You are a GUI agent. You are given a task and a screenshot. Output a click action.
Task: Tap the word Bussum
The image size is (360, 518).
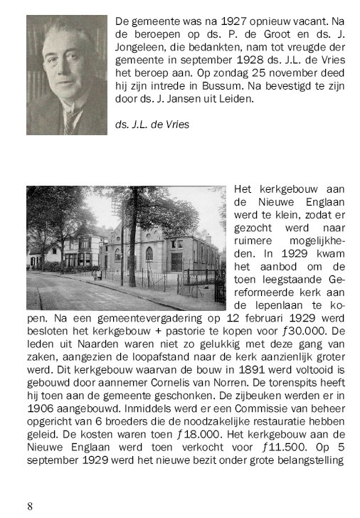226,86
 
